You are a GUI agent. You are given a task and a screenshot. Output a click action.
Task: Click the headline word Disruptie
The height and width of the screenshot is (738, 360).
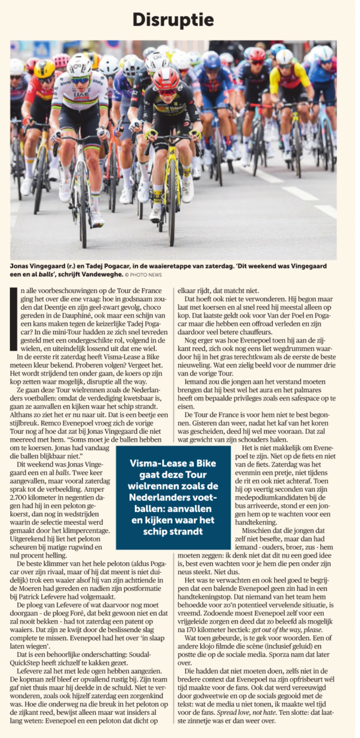pos(173,20)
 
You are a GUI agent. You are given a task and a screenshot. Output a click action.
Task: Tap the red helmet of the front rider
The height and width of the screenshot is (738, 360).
pos(166,78)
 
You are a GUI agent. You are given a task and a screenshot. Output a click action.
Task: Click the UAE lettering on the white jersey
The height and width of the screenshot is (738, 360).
pos(81,96)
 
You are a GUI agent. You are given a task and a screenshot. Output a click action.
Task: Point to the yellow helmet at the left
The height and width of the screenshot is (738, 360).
pos(45,68)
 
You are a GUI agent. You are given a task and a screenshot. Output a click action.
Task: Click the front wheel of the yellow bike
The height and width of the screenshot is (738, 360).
pos(172,202)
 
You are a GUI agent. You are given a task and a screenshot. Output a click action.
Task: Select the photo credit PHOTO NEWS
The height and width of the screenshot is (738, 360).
pos(146,275)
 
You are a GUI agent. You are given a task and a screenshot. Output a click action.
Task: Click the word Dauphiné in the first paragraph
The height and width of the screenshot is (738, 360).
pos(67,315)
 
